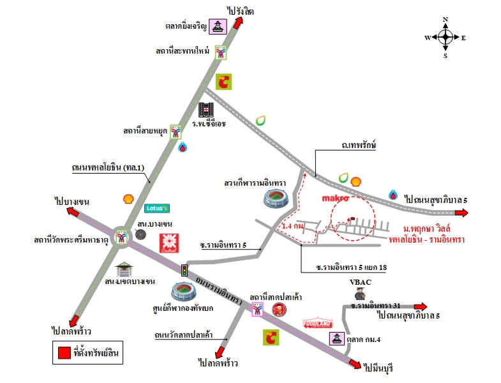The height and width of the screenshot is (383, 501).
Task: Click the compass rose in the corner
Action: point(445,38)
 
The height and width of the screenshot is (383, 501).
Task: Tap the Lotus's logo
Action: point(157,209)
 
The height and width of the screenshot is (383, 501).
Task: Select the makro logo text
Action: point(335,199)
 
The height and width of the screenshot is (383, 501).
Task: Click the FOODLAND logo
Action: point(318,323)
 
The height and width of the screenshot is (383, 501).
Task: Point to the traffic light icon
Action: point(184,270)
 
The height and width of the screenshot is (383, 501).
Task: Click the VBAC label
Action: point(361,282)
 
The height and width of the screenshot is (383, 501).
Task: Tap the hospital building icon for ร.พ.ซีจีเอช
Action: point(206,110)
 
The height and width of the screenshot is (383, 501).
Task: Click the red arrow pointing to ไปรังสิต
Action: point(238,23)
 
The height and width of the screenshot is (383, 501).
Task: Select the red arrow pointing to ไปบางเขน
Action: point(73,212)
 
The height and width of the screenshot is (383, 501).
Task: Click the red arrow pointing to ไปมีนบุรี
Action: point(355,363)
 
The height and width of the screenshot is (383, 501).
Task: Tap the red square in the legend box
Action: point(64,352)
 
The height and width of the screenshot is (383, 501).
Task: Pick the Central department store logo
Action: point(169,243)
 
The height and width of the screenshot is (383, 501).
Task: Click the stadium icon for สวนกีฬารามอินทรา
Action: point(276,199)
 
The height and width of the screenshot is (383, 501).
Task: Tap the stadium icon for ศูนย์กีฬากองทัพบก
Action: point(184,292)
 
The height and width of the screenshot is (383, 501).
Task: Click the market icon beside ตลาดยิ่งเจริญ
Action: point(218,27)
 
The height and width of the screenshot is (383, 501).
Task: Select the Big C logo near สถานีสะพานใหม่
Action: point(223,82)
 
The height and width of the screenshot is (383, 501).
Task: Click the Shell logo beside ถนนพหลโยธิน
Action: point(128,199)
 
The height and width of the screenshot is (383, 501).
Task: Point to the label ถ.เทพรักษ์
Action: point(359,145)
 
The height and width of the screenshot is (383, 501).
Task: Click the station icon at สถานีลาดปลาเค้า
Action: point(257,310)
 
